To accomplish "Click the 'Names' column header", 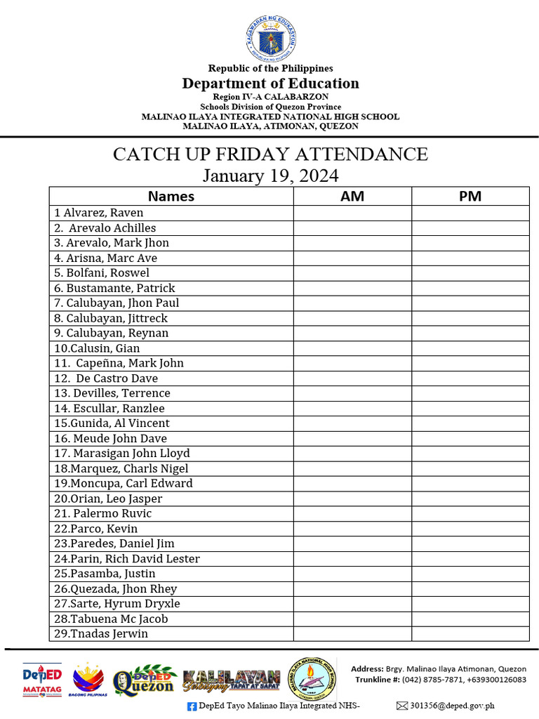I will click(x=171, y=196).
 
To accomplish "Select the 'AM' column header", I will click(x=352, y=196).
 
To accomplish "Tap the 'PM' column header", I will click(x=470, y=196).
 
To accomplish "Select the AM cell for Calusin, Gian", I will click(x=352, y=348).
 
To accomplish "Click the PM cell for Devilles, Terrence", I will click(x=470, y=393).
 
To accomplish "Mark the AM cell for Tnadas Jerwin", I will click(x=352, y=634).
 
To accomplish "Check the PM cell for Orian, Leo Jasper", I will click(x=470, y=499).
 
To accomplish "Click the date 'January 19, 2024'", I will click(x=270, y=175).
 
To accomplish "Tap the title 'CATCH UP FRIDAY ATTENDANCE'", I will click(x=270, y=154).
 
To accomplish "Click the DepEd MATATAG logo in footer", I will click(x=42, y=678).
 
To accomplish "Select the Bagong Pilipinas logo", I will click(x=88, y=679).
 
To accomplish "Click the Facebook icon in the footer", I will click(x=192, y=706).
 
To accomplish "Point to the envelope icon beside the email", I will click(x=401, y=706).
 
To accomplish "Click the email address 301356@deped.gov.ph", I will click(x=453, y=706).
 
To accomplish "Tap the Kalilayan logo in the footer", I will click(x=231, y=680).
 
